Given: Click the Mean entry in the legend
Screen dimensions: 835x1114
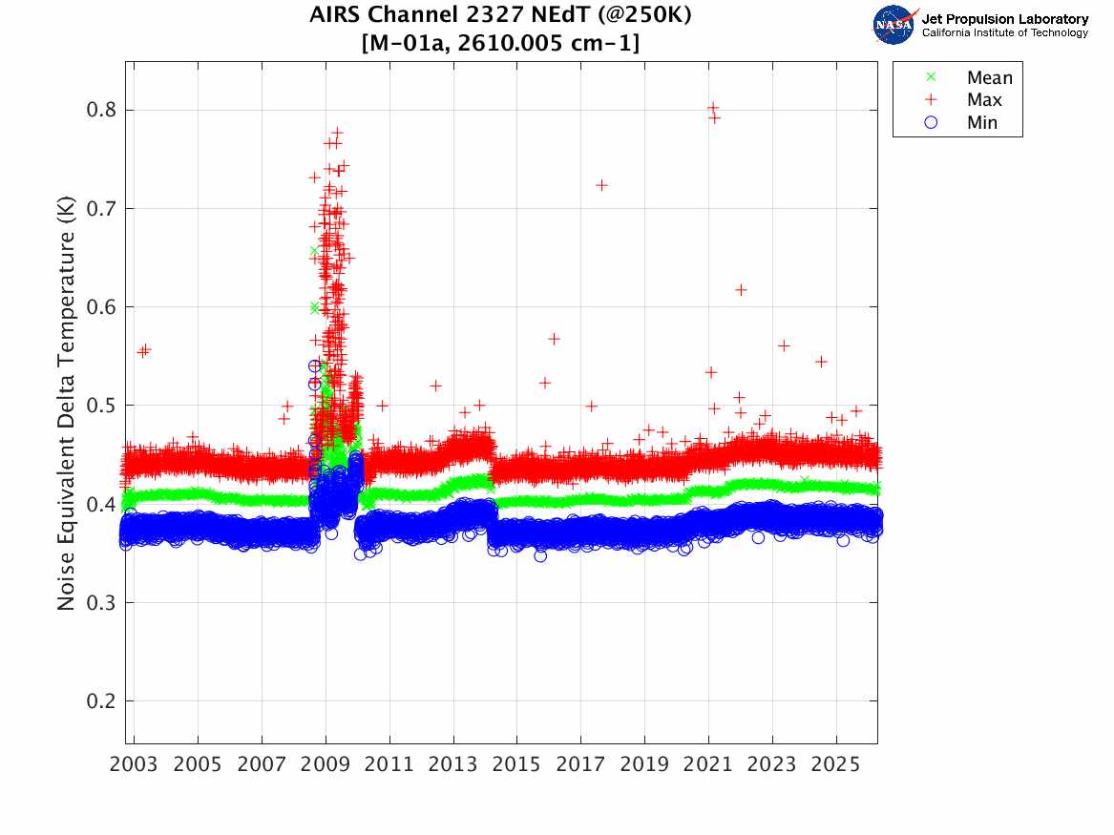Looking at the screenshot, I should [989, 78].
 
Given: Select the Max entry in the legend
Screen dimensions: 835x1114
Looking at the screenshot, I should [983, 100].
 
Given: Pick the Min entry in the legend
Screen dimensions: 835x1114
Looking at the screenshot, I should [982, 123].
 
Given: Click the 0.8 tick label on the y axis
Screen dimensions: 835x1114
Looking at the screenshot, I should [99, 110].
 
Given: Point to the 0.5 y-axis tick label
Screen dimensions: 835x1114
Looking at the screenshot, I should [99, 406].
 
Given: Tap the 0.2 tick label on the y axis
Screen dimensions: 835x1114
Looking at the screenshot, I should [99, 701].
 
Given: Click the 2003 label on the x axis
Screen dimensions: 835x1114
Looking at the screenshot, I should [135, 764].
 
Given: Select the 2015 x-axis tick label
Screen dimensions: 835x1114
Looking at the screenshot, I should [517, 764].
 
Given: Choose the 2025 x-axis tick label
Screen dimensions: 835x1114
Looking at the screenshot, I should [836, 764].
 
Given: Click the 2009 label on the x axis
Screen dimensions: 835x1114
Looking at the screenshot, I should [326, 764].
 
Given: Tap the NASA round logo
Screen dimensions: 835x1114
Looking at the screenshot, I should [894, 25].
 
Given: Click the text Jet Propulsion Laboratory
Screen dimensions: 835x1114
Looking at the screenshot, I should [1004, 19].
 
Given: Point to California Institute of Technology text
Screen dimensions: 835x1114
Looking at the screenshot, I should [1004, 33].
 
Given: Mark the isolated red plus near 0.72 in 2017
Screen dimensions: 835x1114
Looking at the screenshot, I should [601, 184].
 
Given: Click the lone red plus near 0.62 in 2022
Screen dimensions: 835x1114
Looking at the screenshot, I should [740, 290].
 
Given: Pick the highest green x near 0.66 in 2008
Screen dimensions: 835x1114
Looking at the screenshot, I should [314, 251].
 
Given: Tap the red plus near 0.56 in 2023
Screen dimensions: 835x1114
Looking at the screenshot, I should [784, 345].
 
